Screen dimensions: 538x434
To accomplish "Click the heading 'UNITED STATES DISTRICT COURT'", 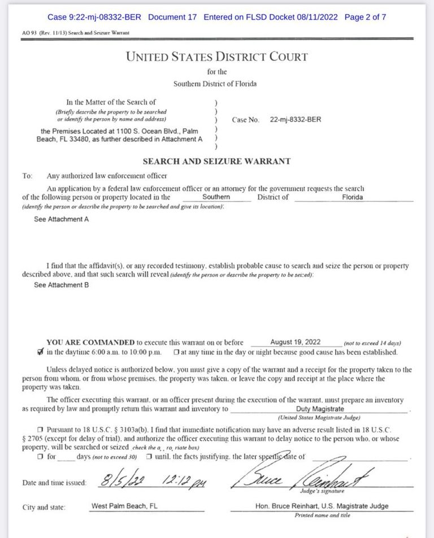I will point(217,57).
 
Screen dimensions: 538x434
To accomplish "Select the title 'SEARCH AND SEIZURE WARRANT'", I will point(217,161).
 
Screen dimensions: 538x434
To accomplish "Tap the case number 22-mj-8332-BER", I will point(296,120).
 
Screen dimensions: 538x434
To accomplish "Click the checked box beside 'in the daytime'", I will point(39,352).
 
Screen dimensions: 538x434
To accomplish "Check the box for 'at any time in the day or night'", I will point(177,353).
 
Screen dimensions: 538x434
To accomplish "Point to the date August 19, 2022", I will point(296,342).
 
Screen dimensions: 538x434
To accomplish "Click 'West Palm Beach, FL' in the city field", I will point(124,506).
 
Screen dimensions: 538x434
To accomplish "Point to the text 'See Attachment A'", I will point(61,219).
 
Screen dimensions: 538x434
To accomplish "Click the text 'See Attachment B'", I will point(61,285).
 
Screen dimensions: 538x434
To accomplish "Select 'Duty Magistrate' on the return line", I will point(320,409).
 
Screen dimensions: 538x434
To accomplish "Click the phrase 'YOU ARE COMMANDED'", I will point(90,342).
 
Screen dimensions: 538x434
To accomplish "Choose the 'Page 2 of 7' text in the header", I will point(365,17).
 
